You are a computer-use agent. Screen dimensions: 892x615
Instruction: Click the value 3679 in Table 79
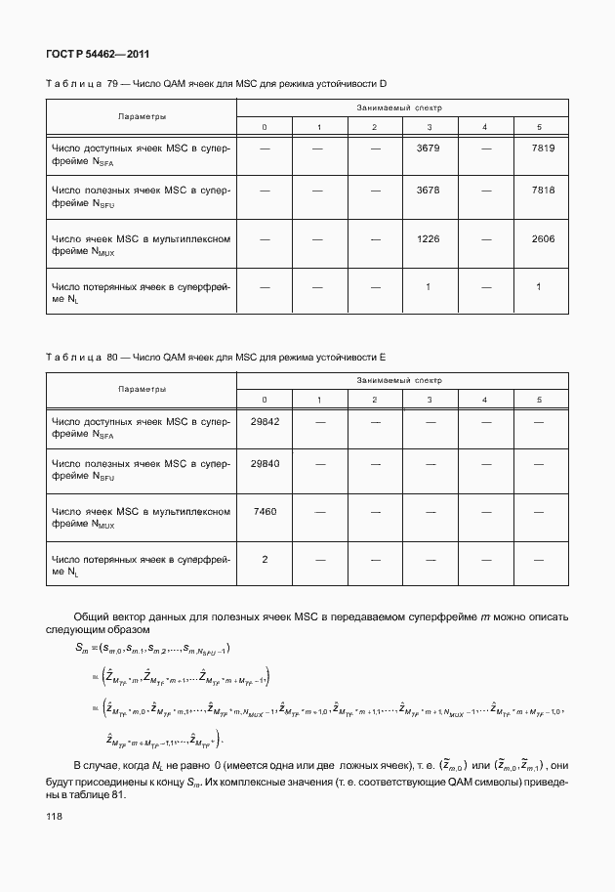(429, 148)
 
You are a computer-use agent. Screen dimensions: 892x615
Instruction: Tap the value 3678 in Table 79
(429, 191)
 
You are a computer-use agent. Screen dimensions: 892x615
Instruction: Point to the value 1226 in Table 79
(429, 237)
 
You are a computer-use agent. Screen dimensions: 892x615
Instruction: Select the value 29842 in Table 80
(265, 421)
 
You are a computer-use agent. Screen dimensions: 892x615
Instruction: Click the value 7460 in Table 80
(265, 511)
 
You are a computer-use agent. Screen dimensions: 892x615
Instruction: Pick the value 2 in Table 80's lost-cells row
(265, 559)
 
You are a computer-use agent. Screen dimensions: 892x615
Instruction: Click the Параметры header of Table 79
(142, 116)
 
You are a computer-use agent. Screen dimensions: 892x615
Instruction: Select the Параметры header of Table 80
(142, 390)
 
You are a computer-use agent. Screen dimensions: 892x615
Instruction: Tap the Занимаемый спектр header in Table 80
(400, 380)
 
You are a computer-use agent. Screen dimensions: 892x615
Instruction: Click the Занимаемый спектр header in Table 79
(400, 106)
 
